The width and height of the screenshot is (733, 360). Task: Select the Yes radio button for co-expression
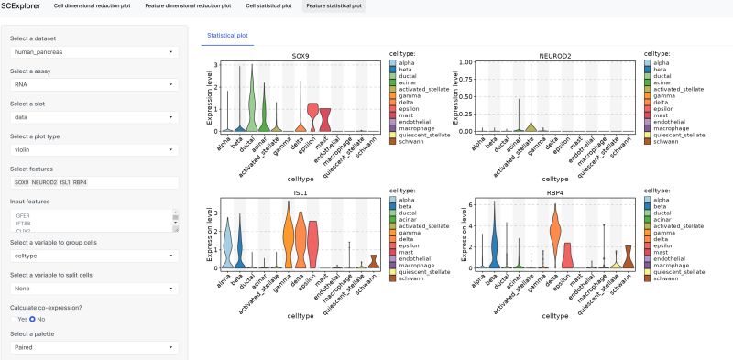pyautogui.click(x=15, y=319)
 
